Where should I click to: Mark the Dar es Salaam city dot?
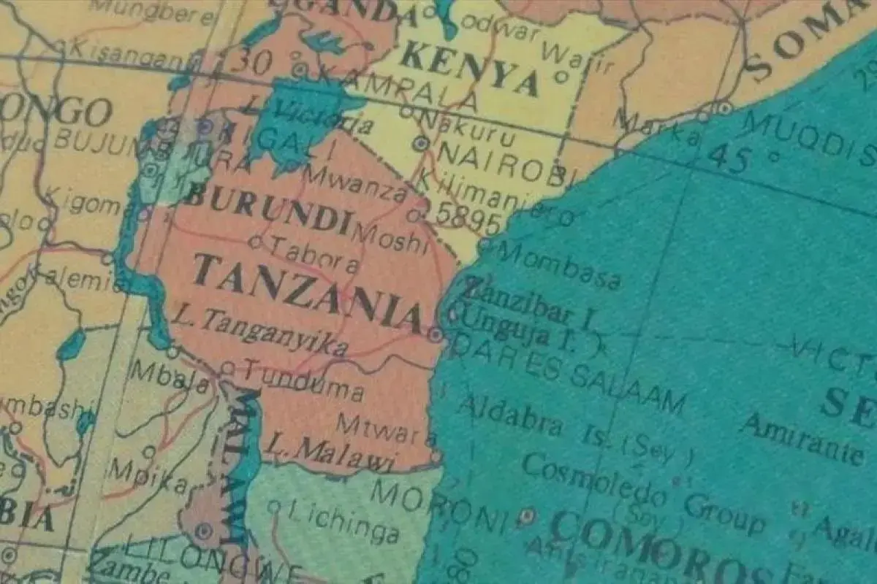(436, 335)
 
